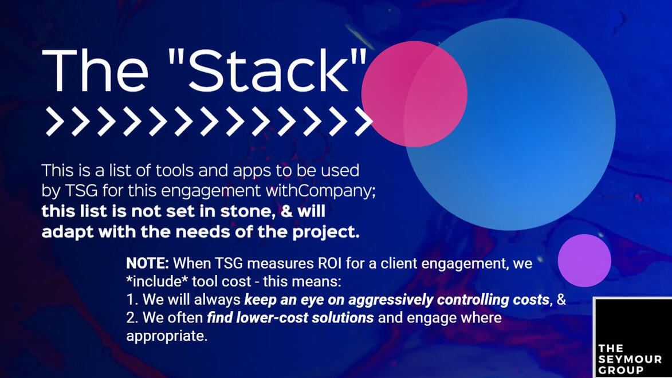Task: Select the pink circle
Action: (x=414, y=94)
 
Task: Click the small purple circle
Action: (x=584, y=261)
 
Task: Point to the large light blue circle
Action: (x=509, y=124)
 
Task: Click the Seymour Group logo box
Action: (x=632, y=337)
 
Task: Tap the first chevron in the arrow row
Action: (x=55, y=122)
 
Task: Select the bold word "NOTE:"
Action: (x=147, y=263)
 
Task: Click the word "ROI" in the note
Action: (x=330, y=263)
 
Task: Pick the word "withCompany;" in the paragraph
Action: (x=321, y=191)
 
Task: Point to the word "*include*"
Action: (x=157, y=282)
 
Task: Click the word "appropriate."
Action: (x=167, y=336)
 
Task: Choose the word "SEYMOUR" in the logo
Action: (x=630, y=359)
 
